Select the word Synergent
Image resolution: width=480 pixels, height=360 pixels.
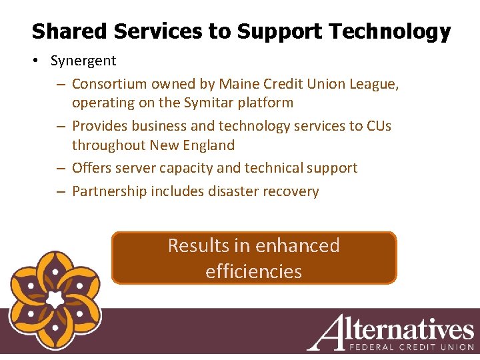pyautogui.click(x=83, y=61)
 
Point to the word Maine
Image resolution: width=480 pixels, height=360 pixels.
pyautogui.click(x=241, y=84)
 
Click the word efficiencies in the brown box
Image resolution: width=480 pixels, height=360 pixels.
pyautogui.click(x=253, y=271)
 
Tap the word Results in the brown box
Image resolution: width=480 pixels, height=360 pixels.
pyautogui.click(x=198, y=245)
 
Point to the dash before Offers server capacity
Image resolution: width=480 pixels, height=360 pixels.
pyautogui.click(x=60, y=168)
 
